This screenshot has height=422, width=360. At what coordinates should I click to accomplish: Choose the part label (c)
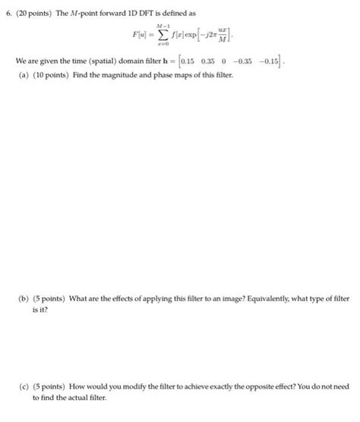click(x=24, y=386)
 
